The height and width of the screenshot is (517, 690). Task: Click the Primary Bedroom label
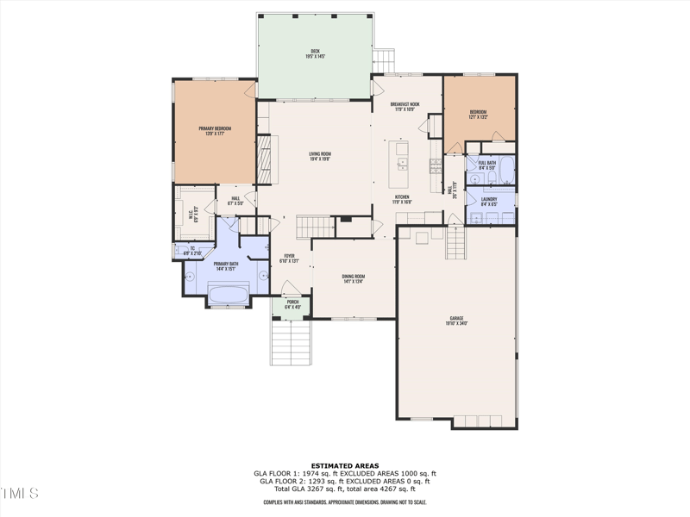[215, 130]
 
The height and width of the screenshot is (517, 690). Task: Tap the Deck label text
[317, 54]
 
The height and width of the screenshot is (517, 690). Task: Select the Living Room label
[320, 156]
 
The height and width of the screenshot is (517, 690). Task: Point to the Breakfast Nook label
[405, 106]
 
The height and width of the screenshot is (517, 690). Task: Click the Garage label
[456, 321]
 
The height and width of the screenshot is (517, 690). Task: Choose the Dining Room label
[354, 277]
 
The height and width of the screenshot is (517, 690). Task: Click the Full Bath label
[486, 165]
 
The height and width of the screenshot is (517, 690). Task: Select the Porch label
[293, 304]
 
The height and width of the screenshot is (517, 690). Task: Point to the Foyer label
[289, 258]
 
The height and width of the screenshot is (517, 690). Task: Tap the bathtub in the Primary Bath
[229, 294]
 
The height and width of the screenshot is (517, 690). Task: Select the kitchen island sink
[402, 161]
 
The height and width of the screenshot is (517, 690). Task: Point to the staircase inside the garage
[455, 243]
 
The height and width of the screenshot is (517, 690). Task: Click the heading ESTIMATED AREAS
[344, 465]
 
